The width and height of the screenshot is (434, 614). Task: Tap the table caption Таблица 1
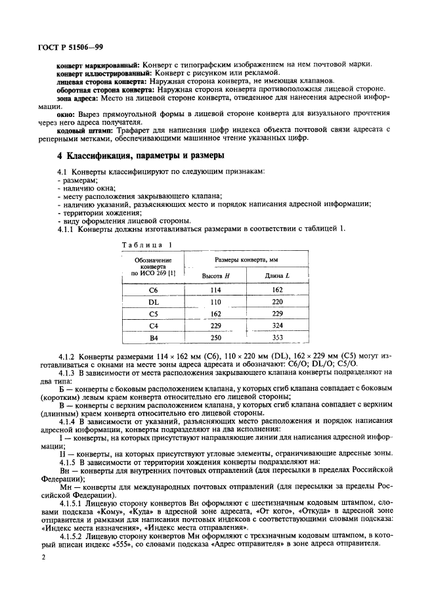pos(145,244)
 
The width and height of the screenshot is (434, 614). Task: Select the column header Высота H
pos(213,276)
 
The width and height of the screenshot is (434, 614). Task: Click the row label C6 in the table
pos(154,290)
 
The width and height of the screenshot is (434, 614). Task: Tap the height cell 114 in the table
pos(213,290)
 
